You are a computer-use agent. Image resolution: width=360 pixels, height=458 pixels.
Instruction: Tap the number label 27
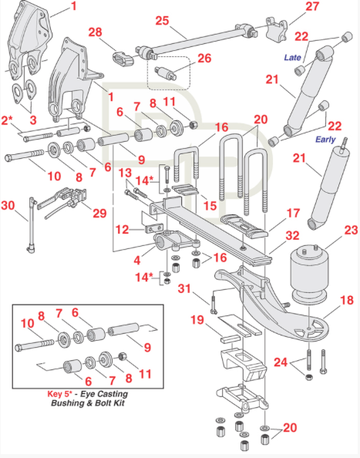pos(290,7)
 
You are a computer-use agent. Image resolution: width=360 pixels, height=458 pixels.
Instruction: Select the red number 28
pos(95,32)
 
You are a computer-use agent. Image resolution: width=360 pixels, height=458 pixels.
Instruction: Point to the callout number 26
pos(204,59)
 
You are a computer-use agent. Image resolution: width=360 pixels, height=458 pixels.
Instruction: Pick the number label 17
pos(293,212)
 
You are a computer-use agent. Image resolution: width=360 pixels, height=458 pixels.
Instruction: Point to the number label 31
pos(182,289)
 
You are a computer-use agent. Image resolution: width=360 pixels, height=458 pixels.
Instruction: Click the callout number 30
pos(8,206)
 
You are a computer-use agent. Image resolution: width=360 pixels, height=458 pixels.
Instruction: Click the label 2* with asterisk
pos(8,121)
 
